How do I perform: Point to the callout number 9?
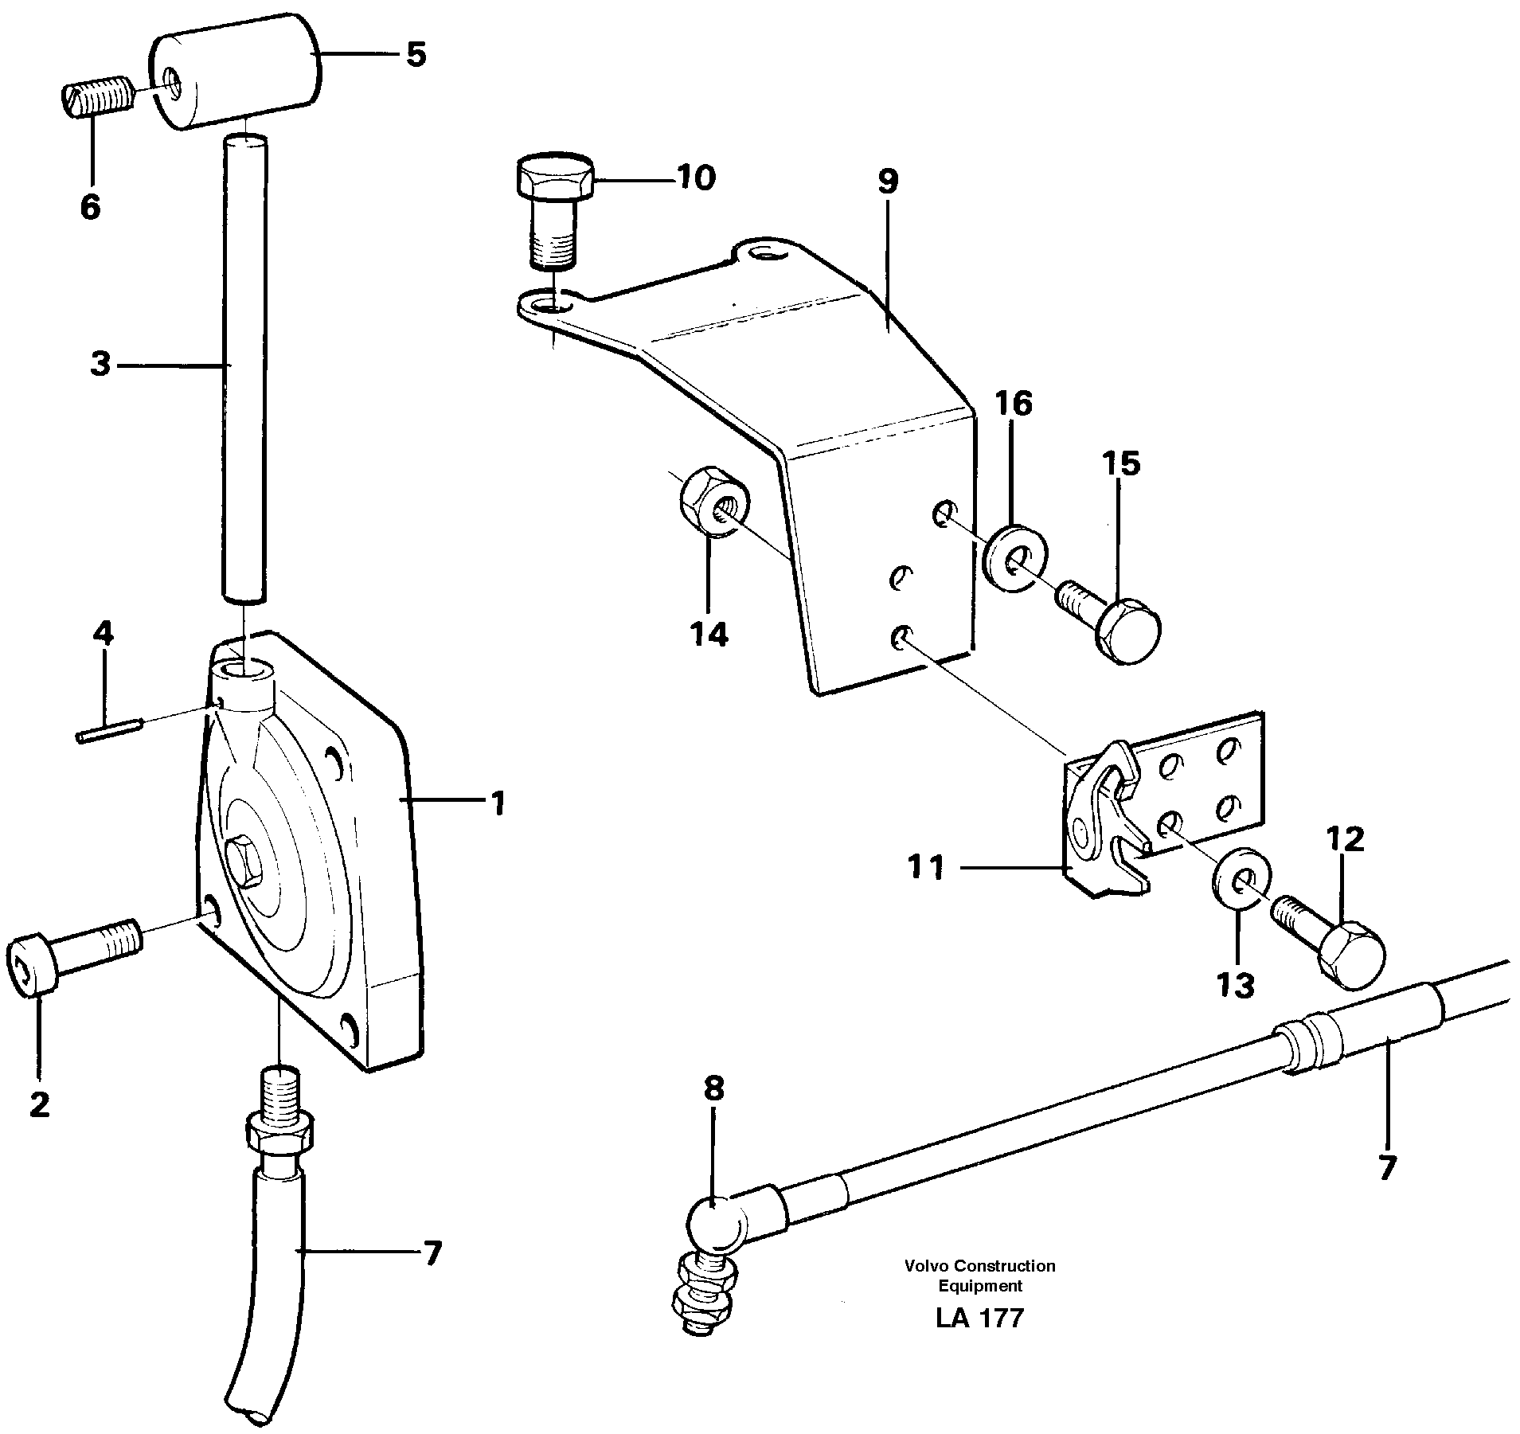click(888, 182)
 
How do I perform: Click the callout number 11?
click(926, 867)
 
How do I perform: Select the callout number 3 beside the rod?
click(100, 365)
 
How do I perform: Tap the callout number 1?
click(497, 803)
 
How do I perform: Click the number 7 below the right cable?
click(1386, 1167)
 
